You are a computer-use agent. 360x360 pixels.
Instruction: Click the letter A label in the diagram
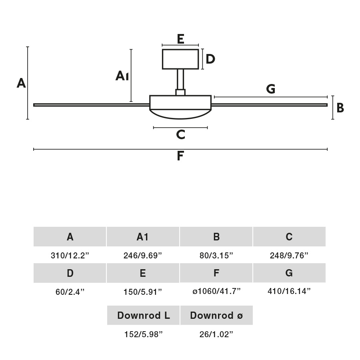click(21, 83)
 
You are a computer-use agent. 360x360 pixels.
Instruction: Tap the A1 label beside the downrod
click(122, 76)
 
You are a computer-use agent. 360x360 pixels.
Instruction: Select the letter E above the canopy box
click(180, 39)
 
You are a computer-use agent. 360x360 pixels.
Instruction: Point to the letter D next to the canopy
click(210, 59)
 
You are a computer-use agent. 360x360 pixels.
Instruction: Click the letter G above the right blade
click(271, 89)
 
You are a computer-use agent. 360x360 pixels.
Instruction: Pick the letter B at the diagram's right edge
click(340, 108)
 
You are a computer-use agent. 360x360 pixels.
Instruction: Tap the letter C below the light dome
click(180, 135)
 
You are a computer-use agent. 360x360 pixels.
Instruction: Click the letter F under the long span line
click(180, 156)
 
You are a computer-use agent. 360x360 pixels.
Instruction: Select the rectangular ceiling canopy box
click(180, 59)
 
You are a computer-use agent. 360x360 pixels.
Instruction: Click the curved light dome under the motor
click(180, 114)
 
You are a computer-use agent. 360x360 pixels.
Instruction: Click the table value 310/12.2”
click(70, 256)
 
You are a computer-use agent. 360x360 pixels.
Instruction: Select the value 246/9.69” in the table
click(143, 256)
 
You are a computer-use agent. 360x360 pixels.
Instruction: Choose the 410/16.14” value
click(289, 291)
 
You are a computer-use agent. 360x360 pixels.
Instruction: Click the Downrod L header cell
click(143, 315)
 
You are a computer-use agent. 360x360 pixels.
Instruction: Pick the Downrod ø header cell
click(216, 315)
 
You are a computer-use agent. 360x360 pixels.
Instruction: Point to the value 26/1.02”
click(216, 334)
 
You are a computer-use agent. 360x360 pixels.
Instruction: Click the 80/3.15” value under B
click(216, 256)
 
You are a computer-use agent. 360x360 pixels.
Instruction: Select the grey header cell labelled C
click(289, 237)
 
